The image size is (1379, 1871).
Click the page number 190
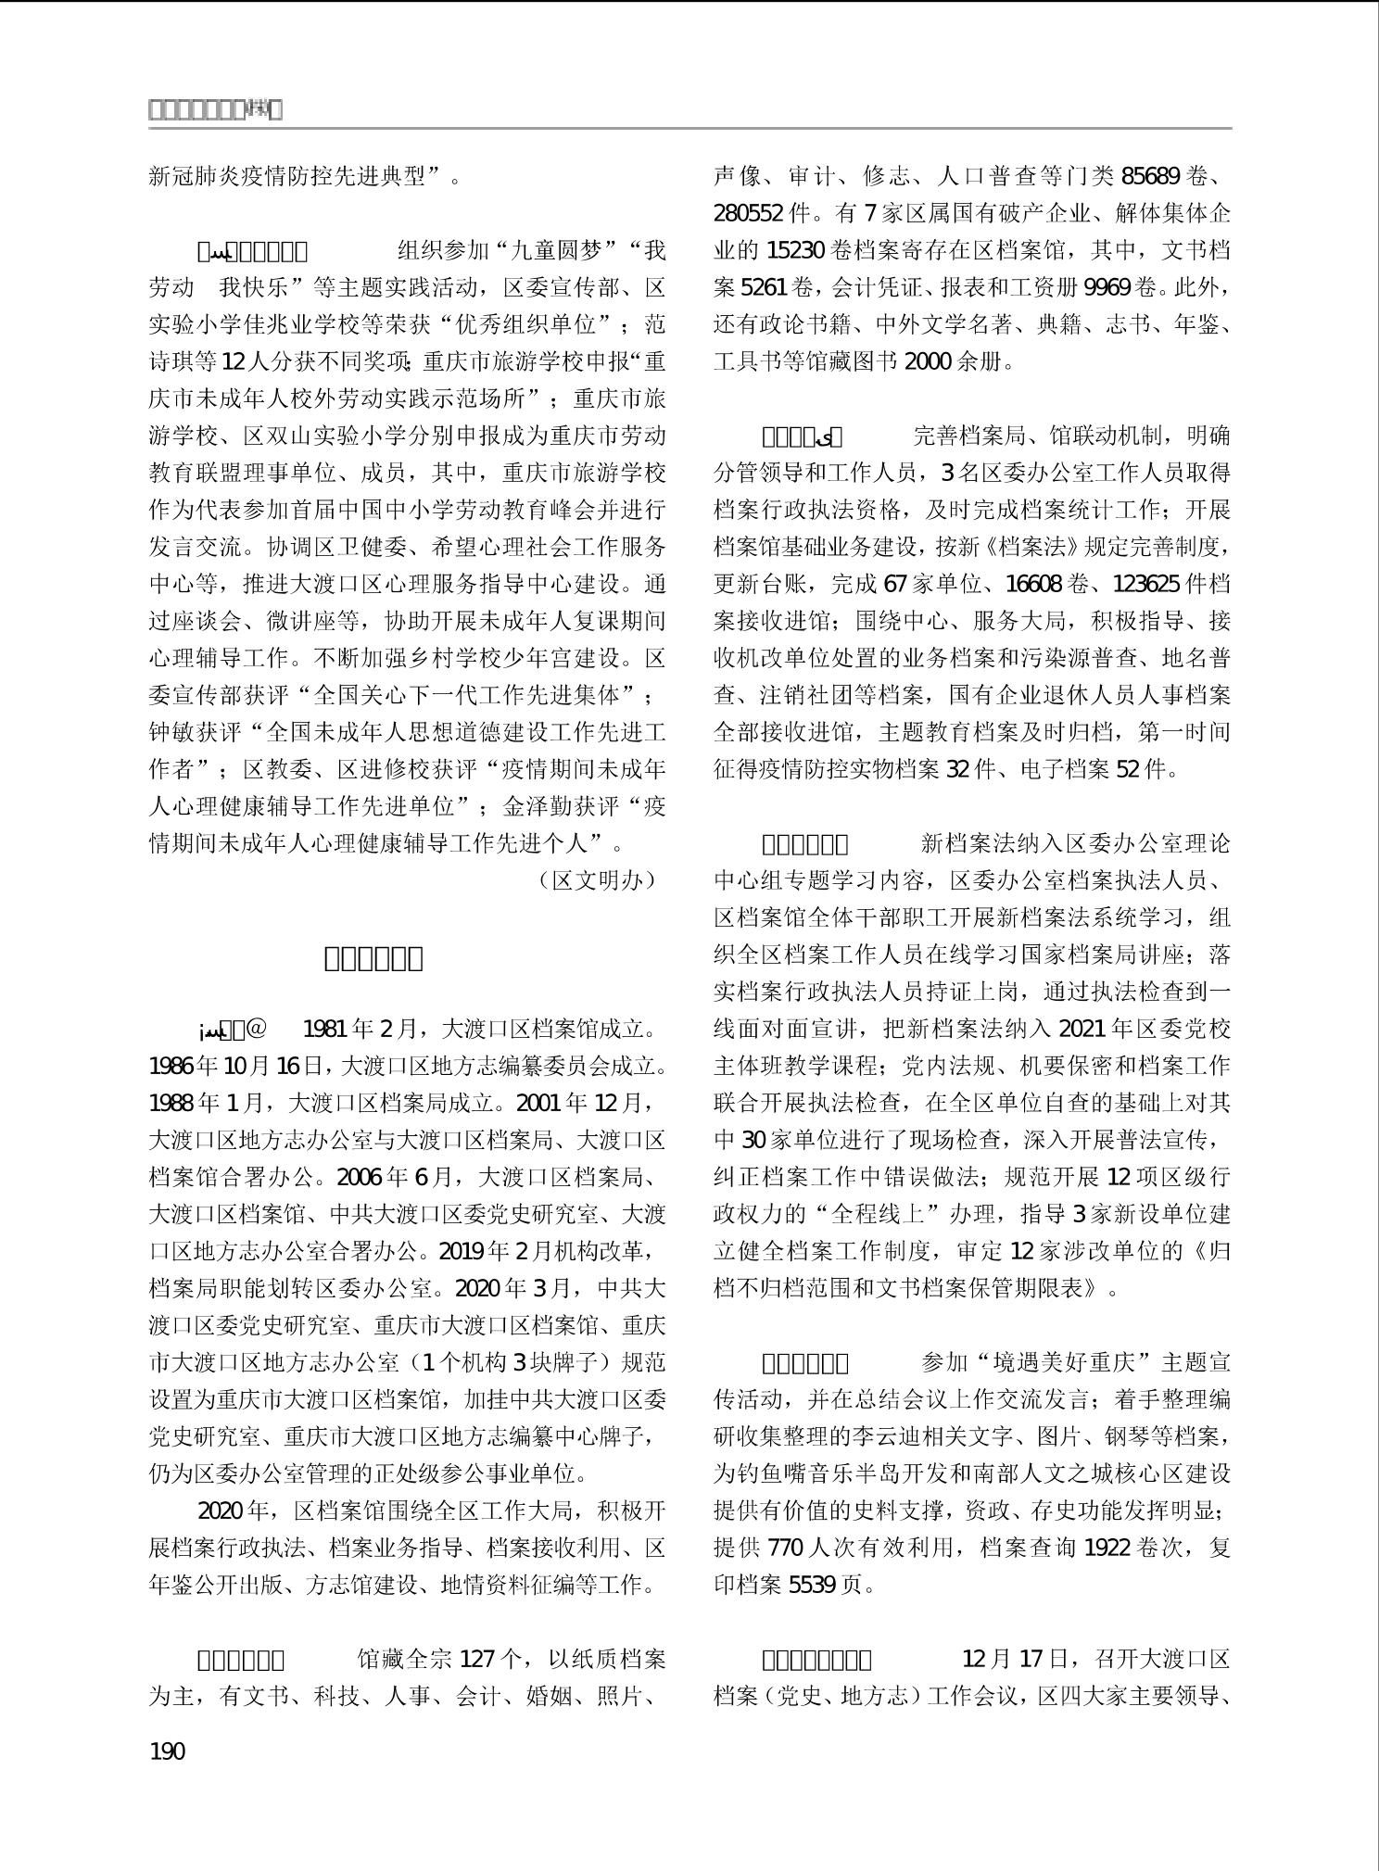point(167,1751)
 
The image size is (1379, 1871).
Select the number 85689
point(1152,176)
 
